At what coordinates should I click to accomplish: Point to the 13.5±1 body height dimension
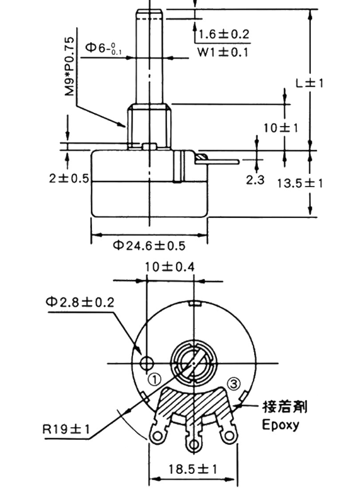(x=300, y=183)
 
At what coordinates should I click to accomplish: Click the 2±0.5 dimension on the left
(x=69, y=178)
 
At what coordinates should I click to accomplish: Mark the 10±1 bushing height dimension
(x=281, y=128)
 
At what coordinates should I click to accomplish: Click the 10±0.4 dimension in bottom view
(x=170, y=267)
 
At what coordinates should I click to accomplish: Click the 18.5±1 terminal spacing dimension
(x=192, y=469)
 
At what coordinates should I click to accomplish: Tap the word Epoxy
(x=280, y=423)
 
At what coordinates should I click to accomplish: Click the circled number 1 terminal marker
(x=154, y=380)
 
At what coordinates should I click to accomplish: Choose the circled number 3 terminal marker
(x=233, y=382)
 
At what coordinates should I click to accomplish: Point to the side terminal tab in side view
(x=218, y=161)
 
